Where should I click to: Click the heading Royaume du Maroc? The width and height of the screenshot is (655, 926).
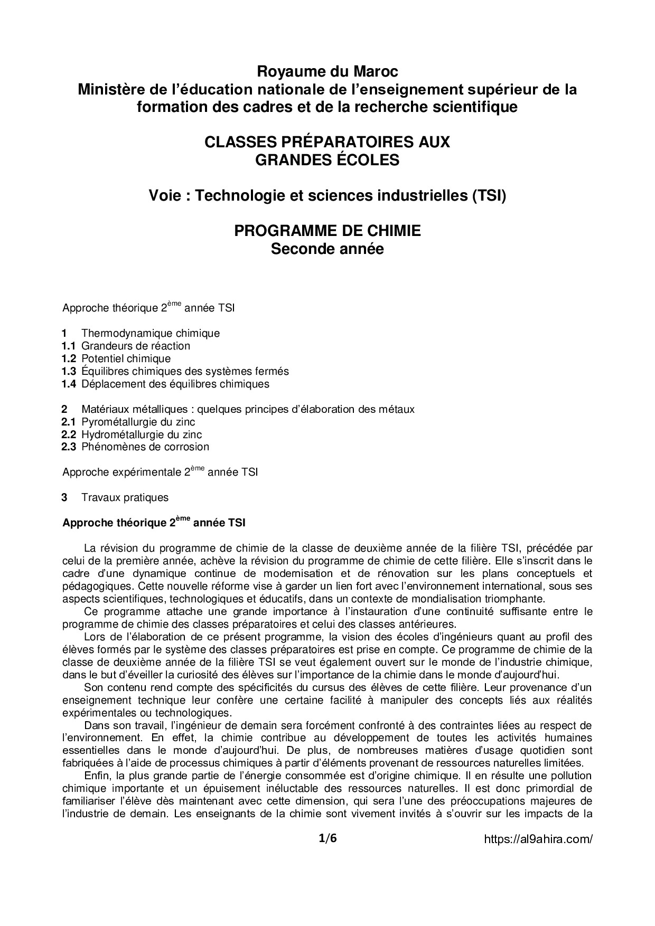tap(327, 71)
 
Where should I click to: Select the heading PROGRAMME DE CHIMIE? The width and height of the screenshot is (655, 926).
tap(327, 231)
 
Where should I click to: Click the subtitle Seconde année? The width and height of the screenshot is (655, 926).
tap(327, 249)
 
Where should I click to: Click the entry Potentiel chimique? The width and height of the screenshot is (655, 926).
tap(126, 359)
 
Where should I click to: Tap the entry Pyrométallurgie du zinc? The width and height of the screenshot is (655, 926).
tap(138, 422)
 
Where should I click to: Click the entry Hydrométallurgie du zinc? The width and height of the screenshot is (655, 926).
tap(142, 434)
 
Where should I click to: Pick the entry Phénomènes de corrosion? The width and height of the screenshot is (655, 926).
tap(145, 447)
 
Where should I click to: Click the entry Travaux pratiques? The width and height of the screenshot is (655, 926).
tap(125, 497)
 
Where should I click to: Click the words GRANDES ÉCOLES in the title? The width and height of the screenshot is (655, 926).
tap(327, 159)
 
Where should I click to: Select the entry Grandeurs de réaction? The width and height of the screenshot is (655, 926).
tap(136, 346)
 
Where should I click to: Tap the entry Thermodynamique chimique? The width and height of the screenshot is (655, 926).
tap(151, 334)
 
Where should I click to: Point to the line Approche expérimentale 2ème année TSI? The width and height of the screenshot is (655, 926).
tap(160, 472)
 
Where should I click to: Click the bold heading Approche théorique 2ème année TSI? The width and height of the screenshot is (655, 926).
tap(154, 523)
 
